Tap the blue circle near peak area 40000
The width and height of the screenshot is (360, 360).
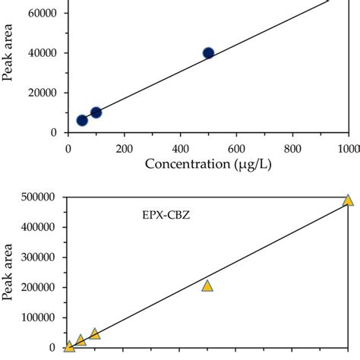tap(208, 53)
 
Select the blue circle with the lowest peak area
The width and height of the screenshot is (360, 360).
tap(82, 120)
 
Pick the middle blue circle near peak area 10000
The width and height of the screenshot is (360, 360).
tap(96, 112)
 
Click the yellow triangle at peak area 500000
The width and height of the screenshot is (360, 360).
tap(348, 200)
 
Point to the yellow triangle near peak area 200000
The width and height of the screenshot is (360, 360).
tap(207, 286)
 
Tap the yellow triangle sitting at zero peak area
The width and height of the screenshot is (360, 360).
tap(69, 347)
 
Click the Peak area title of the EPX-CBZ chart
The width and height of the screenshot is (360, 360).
tap(10, 272)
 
